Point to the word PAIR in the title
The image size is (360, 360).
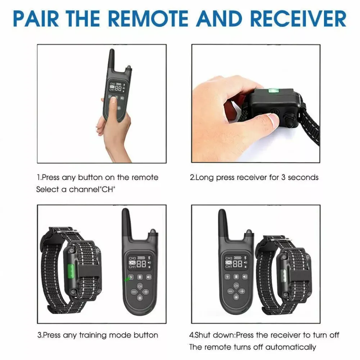tap(36, 18)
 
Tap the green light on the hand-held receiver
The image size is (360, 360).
tap(274, 91)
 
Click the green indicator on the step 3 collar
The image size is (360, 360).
tap(71, 271)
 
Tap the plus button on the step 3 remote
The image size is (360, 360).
tap(146, 292)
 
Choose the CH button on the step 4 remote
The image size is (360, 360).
tap(236, 285)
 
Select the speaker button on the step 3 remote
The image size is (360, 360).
tap(149, 277)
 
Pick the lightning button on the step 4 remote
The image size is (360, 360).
tap(228, 276)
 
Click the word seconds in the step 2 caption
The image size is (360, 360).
tap(303, 177)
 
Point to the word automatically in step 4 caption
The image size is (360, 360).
tap(291, 347)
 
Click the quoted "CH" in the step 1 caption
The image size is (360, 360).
tap(108, 189)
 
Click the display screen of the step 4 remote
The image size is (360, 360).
tap(236, 262)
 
